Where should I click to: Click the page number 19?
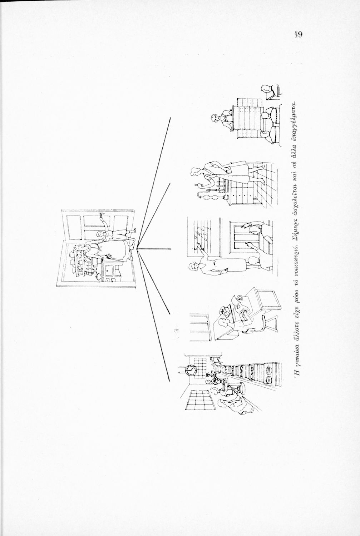click(x=298, y=35)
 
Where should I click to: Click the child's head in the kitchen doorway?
click(x=100, y=234)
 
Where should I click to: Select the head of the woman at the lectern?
click(x=215, y=118)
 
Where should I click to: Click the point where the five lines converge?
click(x=137, y=249)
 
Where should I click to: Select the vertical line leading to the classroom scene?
click(x=154, y=249)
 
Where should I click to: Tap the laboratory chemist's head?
click(x=195, y=172)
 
